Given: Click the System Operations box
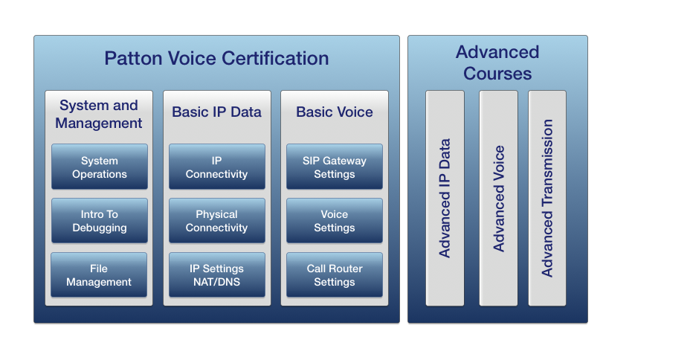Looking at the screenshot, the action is pyautogui.click(x=100, y=167).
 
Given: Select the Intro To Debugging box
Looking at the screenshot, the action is pyautogui.click(x=100, y=220).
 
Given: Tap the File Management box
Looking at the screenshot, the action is pyautogui.click(x=99, y=275).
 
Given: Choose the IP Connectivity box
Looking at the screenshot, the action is pyautogui.click(x=217, y=167).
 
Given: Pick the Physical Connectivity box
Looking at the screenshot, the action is pyautogui.click(x=217, y=220).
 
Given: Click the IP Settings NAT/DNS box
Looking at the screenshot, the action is pyautogui.click(x=217, y=275).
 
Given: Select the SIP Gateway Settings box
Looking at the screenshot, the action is pyautogui.click(x=335, y=167).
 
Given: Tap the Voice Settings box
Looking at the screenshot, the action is pyautogui.click(x=335, y=220).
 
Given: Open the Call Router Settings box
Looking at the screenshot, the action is pyautogui.click(x=335, y=275).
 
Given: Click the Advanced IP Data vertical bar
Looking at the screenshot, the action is pyautogui.click(x=445, y=198).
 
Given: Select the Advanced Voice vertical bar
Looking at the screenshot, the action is pyautogui.click(x=499, y=198).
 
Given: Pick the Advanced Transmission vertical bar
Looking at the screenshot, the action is pyautogui.click(x=547, y=198).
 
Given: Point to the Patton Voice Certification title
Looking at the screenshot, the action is pyautogui.click(x=216, y=59).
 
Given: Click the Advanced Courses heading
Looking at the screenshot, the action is pyautogui.click(x=497, y=63).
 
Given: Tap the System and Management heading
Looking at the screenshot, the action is pyautogui.click(x=99, y=114).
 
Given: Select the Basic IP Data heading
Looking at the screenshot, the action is pyautogui.click(x=216, y=112).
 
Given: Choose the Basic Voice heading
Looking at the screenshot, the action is pyautogui.click(x=335, y=112).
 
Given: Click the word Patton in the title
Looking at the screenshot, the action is pyautogui.click(x=133, y=59).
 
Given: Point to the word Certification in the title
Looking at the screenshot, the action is pyautogui.click(x=275, y=59).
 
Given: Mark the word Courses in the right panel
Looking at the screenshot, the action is pyautogui.click(x=497, y=74).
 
